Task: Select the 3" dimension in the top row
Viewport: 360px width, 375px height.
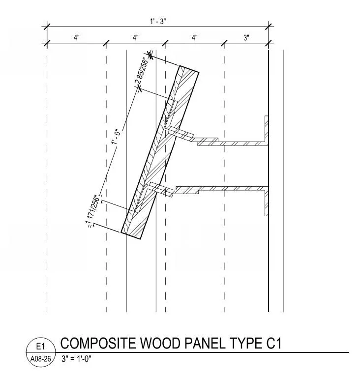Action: (x=246, y=37)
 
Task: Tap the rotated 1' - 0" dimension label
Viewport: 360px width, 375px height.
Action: (x=117, y=137)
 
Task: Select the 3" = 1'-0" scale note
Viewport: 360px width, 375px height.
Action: (x=76, y=358)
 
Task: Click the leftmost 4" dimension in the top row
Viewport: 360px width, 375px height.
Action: (x=77, y=37)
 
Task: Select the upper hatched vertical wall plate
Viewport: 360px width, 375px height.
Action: (x=266, y=129)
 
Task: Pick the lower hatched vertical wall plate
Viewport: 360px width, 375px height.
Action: (x=266, y=202)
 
